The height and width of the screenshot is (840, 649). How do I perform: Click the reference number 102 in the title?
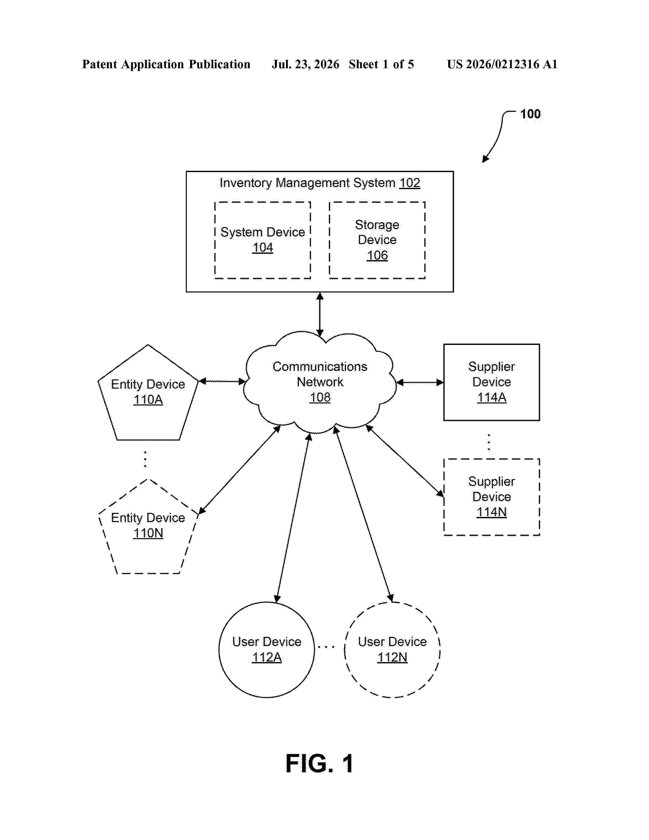pos(410,183)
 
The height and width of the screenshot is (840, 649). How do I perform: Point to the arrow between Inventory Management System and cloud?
pos(320,314)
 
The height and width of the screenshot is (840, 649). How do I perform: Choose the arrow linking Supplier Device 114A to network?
pos(420,382)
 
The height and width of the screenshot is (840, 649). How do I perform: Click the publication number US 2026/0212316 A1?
pos(502,64)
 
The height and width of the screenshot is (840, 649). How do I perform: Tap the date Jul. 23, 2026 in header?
pos(306,64)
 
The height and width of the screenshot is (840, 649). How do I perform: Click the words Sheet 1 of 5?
pos(382,64)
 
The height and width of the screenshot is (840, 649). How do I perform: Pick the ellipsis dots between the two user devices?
pos(327,647)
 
